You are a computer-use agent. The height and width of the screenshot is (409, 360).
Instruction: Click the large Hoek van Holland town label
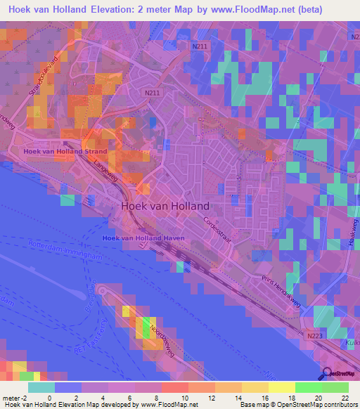(165, 207)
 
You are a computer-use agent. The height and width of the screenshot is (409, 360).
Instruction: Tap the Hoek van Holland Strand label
(65, 151)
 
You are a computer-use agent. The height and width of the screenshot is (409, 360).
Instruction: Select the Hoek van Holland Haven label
(143, 238)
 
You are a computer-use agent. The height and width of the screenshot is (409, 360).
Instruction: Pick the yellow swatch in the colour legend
(281, 387)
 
